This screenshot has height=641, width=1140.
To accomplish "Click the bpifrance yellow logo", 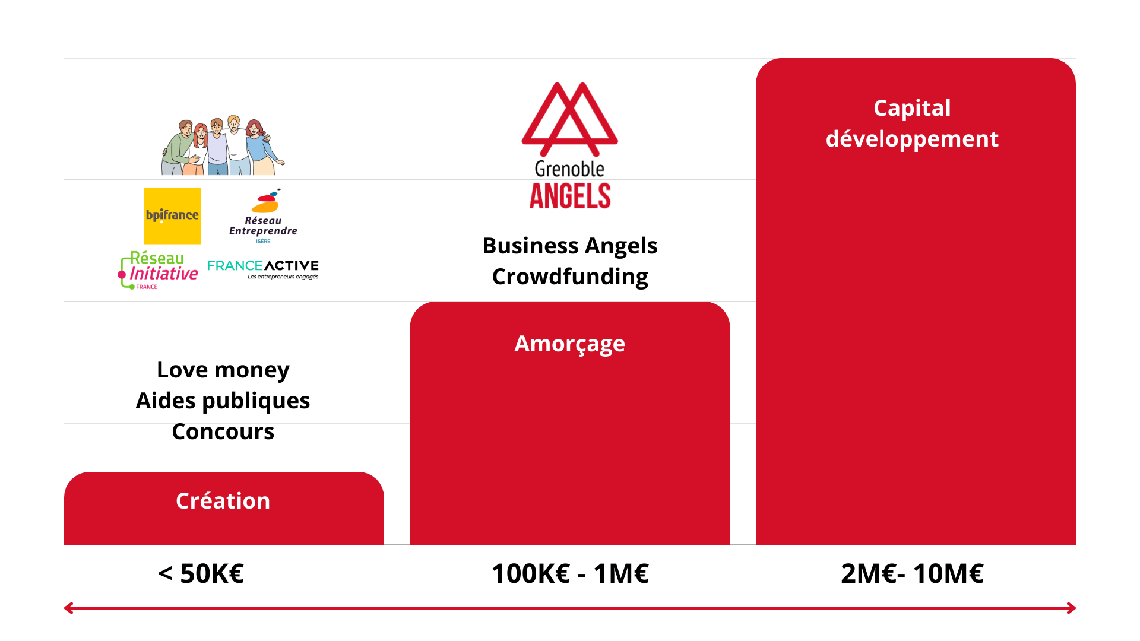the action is pos(172,215).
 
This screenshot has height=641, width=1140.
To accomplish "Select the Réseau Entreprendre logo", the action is pos(263,216).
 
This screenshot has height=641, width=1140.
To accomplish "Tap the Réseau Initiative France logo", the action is pos(158,270).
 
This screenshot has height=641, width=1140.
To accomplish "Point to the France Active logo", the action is pos(263,269).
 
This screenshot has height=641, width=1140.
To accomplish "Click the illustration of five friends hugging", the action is pos(223,145).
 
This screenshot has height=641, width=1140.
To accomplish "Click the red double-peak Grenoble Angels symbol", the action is pos(569,119).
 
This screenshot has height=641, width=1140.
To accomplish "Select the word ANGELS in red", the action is pos(570,196).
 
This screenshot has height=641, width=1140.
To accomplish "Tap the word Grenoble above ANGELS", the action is pos(569,169).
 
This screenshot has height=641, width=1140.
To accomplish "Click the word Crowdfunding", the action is pos(570,277).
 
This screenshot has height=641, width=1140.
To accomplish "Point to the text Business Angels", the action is pos(570,246).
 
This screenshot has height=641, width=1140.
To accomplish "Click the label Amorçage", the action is pos(570,344).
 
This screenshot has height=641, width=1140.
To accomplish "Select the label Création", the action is pos(223,501).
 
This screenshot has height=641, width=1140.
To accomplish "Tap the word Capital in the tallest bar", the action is pos(912,109).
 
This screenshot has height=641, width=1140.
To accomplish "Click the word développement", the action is pos(912,139).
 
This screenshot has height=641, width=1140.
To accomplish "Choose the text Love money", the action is pos(223,370).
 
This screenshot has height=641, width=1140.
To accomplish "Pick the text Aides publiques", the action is pos(223,401).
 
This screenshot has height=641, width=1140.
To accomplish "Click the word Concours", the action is pos(223,431).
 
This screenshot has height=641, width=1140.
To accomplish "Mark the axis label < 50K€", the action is pos(201,573).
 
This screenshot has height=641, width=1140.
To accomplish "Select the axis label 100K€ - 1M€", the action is pos(570,573).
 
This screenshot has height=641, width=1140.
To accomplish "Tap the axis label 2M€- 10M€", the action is pos(912,573).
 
